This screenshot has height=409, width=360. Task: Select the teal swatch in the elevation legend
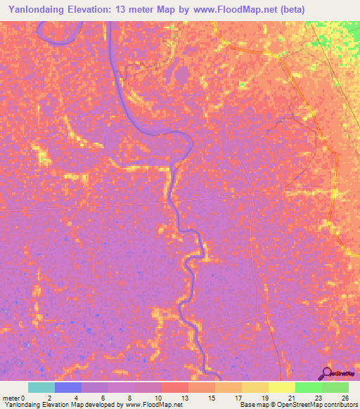41,387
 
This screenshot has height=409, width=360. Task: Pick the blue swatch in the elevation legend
68,387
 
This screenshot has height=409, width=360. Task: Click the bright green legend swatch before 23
309,387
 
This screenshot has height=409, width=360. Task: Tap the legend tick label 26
345,397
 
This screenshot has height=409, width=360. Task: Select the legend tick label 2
49,397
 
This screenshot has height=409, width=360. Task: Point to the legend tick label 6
102,397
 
